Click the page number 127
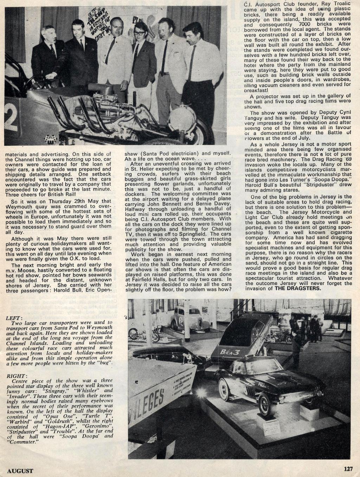[x=348, y=469]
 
